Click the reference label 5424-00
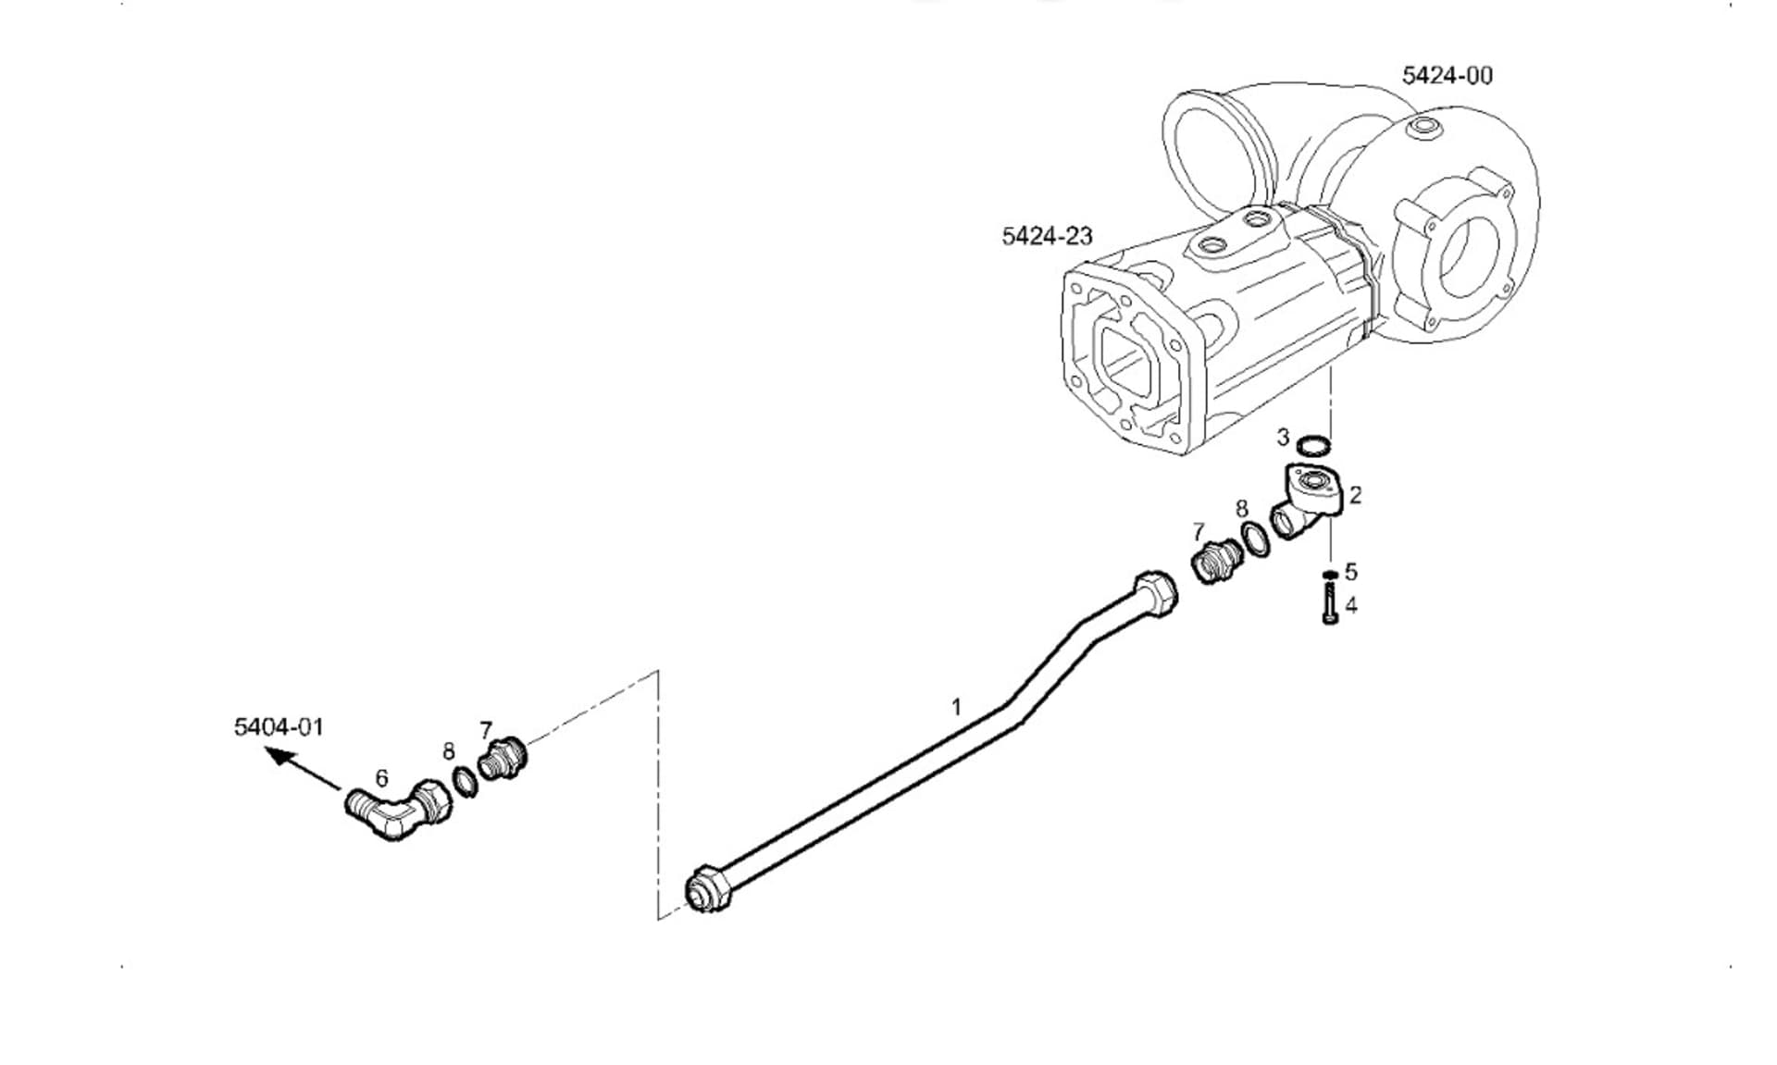(x=1447, y=76)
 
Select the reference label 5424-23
(x=1047, y=236)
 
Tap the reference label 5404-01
(x=279, y=726)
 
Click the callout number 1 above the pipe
(x=957, y=707)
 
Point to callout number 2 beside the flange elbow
(x=1356, y=495)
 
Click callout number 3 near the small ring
(x=1283, y=437)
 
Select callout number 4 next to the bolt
(x=1351, y=605)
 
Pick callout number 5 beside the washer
(x=1351, y=572)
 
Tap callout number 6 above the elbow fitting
(x=381, y=778)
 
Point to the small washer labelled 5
(x=1330, y=575)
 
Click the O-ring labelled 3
(x=1313, y=446)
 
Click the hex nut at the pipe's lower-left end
(x=708, y=890)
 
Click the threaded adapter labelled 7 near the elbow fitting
(x=502, y=759)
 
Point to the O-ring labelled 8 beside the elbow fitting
(x=466, y=782)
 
